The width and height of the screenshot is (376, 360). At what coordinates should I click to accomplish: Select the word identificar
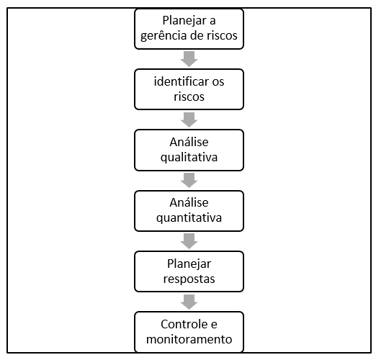pos(182,81)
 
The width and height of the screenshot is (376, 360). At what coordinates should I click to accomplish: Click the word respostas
pos(189,279)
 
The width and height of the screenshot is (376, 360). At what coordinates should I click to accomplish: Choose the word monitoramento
pos(189,339)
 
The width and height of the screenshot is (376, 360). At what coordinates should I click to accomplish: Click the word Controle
pos(184,324)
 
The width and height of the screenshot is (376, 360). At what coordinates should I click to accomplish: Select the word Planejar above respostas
pos(189,264)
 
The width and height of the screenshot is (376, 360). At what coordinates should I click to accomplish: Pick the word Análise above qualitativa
pos(189,142)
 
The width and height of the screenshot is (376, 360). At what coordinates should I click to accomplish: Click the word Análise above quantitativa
pos(189,202)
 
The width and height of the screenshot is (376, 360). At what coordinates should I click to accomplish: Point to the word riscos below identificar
pos(189,96)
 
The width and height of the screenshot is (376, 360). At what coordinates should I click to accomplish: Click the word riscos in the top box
pos(222,35)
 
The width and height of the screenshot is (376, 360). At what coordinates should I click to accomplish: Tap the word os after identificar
pos(218,82)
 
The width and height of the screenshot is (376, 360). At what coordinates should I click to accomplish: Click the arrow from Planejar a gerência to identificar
pos(189,59)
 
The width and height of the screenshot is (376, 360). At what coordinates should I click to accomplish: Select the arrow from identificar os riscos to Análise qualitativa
pos(189,120)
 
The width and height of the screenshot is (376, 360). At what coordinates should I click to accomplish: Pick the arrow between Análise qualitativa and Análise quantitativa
pos(189,180)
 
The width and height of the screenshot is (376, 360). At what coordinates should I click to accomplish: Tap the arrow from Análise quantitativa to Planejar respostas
pos(189,241)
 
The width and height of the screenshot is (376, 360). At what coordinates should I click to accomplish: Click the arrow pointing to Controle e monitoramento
pos(189,302)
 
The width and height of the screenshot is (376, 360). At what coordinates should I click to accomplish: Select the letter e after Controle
pos(214,325)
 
